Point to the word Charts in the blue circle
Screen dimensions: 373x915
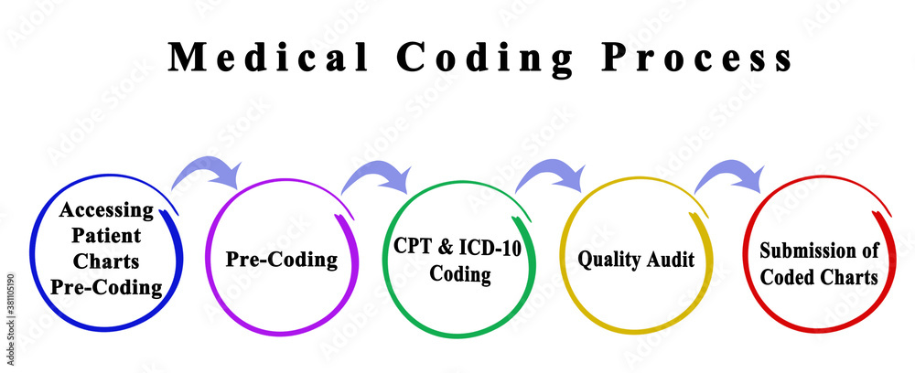pyautogui.click(x=108, y=261)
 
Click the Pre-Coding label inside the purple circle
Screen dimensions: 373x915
pyautogui.click(x=282, y=260)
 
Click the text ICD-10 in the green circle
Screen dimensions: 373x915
pyautogui.click(x=490, y=248)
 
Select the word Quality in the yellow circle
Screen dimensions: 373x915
pyautogui.click(x=609, y=260)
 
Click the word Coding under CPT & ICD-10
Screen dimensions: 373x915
pyautogui.click(x=456, y=273)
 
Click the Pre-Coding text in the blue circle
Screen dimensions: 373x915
pyautogui.click(x=108, y=287)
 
